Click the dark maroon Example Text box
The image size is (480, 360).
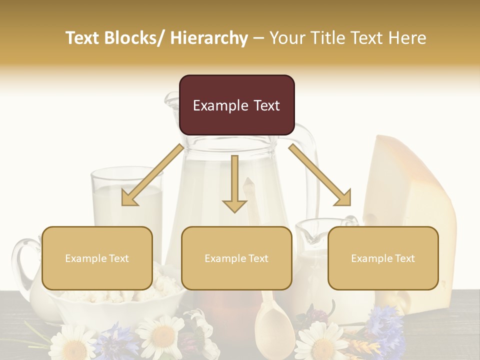tap(236, 105)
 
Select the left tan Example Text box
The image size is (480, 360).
tap(97, 258)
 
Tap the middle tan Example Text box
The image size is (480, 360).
tap(236, 258)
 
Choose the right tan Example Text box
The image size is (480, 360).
tap(383, 258)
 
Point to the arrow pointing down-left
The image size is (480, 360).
tap(152, 175)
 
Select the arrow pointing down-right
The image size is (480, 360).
tap(320, 175)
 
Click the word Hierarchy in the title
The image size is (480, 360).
tap(208, 38)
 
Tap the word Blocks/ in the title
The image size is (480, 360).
tap(136, 38)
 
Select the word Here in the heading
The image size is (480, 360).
tap(405, 38)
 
